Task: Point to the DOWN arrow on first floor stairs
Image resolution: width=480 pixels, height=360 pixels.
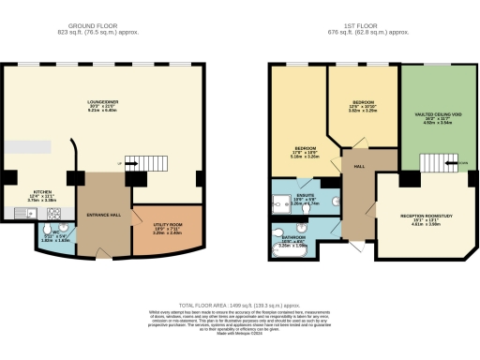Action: coord(460,162)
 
